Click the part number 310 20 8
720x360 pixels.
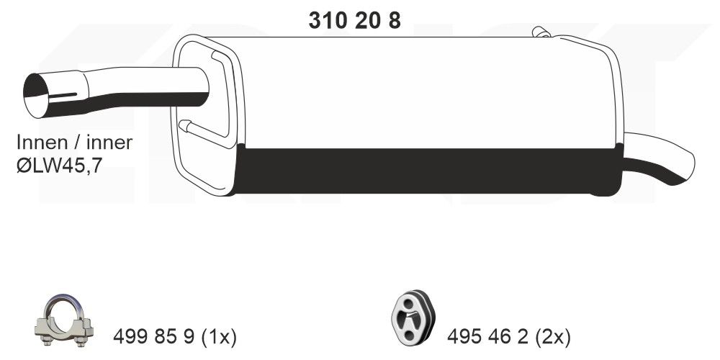pos(354,22)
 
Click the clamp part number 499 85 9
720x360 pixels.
pos(155,336)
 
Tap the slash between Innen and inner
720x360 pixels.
pos(81,143)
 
